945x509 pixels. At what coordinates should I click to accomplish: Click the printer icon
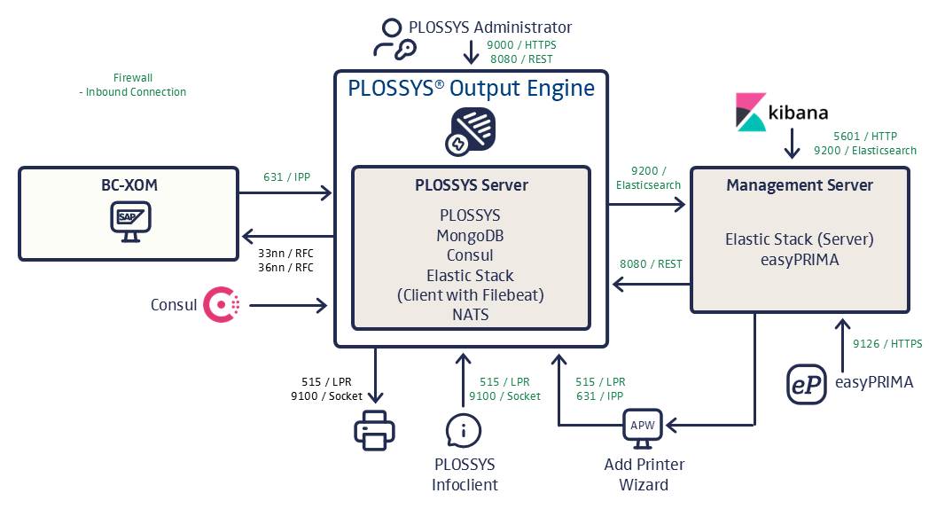pos(375,430)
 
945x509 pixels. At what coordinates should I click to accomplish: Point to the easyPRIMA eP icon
pos(807,382)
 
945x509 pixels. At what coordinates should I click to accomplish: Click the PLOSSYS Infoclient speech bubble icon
pos(464,431)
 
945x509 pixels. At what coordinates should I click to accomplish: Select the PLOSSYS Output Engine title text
pos(471,89)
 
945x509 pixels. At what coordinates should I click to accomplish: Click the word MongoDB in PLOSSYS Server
pos(471,236)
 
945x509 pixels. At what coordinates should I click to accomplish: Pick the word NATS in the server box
pos(471,314)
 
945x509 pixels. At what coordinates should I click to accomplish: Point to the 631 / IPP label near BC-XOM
pos(285,176)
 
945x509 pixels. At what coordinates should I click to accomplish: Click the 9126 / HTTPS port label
pos(887,344)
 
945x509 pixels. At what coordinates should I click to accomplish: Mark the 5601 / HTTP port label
pos(865,137)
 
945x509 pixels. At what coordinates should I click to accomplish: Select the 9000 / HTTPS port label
pos(522,44)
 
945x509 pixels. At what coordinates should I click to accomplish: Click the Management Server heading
pos(800,185)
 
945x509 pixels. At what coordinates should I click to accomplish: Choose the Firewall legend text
pos(133,78)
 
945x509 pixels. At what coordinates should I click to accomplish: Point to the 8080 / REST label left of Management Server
pos(651,263)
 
